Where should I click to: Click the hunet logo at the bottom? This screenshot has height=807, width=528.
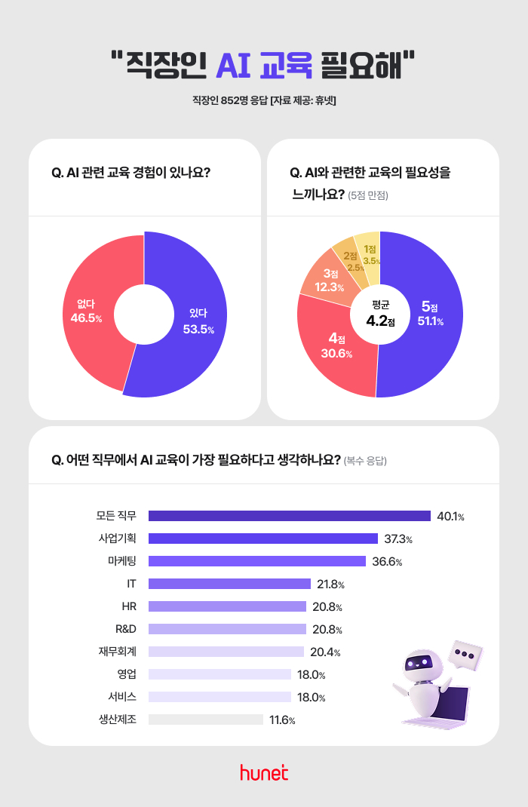click(264, 772)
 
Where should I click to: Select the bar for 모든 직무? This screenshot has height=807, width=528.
click(289, 516)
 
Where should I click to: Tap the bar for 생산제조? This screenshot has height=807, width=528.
click(205, 720)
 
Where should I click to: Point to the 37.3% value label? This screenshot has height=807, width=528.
click(398, 539)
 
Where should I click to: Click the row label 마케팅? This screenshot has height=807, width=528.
click(121, 561)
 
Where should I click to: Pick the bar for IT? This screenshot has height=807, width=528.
click(229, 584)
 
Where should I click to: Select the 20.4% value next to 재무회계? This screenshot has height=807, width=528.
click(326, 652)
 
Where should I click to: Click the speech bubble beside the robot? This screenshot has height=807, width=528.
click(464, 654)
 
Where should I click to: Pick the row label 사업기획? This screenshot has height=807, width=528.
click(117, 539)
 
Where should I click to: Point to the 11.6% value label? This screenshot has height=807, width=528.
click(282, 720)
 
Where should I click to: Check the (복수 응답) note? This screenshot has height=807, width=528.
click(365, 460)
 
